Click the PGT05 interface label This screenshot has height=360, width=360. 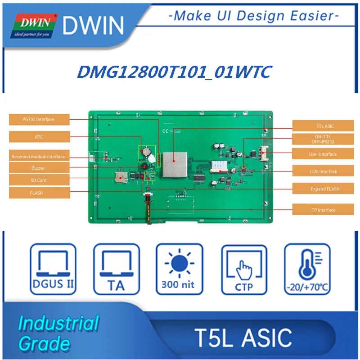39,120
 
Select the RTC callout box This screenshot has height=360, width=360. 39,137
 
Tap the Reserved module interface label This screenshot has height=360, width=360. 39,157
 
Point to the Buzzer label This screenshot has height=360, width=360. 39,168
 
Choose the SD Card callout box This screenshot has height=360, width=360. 39,180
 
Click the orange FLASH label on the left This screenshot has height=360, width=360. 39,193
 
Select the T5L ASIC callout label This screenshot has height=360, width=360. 322,126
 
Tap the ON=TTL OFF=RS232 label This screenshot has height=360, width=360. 322,139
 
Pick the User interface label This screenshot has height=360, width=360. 322,154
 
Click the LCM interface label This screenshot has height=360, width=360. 322,171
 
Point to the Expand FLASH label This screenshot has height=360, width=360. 322,189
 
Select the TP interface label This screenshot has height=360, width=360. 322,210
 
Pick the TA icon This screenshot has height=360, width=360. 116,269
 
